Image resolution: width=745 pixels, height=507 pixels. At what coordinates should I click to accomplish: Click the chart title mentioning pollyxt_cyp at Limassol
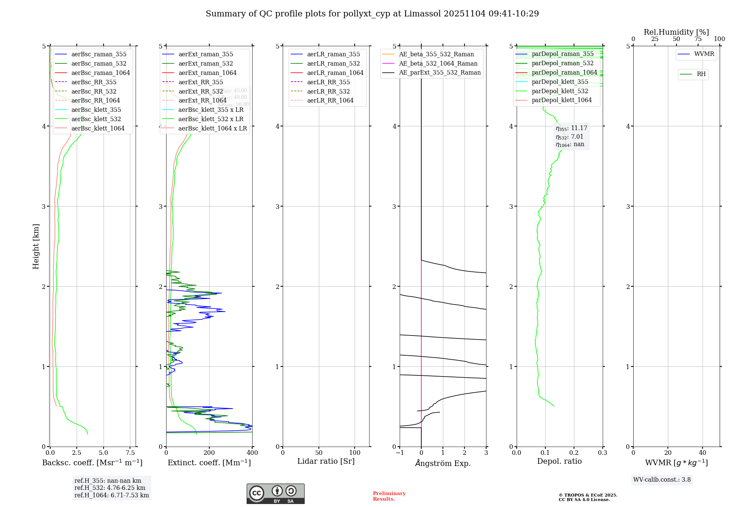click(372, 14)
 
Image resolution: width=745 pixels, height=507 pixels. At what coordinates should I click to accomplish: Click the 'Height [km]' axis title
click(36, 246)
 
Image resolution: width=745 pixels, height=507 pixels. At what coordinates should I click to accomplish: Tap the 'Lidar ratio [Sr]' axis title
click(326, 461)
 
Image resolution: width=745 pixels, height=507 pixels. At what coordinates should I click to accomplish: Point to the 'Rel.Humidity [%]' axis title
click(676, 32)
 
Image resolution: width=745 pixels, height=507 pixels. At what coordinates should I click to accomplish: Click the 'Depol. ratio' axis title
click(559, 461)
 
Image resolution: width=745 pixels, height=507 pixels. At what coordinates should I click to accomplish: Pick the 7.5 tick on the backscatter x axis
click(130, 453)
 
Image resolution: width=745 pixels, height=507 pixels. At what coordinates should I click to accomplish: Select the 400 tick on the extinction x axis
click(252, 453)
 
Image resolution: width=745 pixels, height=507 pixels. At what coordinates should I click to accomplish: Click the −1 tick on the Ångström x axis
click(399, 453)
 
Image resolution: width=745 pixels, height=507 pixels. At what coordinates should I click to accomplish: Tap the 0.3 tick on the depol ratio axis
click(602, 453)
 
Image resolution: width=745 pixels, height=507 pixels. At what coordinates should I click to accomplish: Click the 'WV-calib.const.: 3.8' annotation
click(662, 480)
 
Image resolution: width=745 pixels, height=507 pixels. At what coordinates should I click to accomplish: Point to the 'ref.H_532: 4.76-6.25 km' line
click(110, 488)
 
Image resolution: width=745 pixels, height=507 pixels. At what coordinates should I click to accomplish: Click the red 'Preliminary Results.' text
click(389, 496)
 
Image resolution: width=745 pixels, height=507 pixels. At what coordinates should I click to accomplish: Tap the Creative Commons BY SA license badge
click(275, 494)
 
